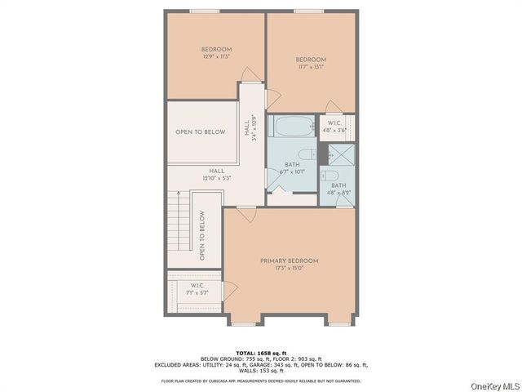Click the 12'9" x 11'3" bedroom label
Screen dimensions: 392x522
[216, 52]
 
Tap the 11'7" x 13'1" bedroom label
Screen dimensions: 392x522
[311, 64]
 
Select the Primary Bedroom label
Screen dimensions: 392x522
[289, 264]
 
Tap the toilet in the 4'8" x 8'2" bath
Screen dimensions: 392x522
[331, 176]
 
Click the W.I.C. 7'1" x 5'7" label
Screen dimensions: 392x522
[195, 288]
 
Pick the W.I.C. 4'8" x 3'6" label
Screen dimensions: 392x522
[338, 126]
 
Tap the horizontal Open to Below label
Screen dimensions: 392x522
[200, 131]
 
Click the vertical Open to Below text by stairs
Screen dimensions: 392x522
[201, 238]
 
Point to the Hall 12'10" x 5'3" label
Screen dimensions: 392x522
[216, 174]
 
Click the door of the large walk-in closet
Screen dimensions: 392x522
[231, 288]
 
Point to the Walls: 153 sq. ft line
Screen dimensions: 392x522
[261, 372]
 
